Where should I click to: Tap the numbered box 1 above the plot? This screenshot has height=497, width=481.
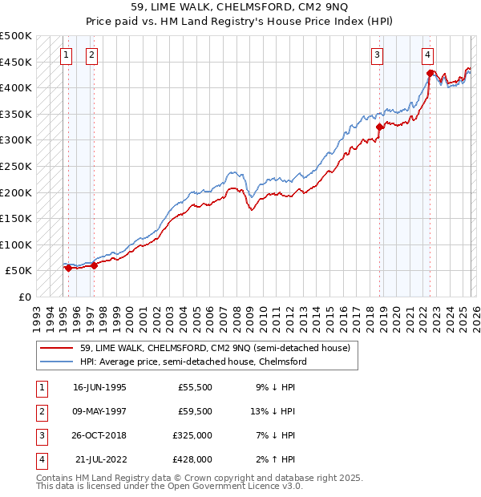coord(65,55)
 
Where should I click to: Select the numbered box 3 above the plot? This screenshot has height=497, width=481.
coord(377,55)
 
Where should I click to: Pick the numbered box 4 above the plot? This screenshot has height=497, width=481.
coord(428,55)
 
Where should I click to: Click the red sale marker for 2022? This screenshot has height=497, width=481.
coord(430,73)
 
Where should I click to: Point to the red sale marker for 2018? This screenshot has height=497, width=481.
coord(380,127)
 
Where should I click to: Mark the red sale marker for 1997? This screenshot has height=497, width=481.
coord(95,265)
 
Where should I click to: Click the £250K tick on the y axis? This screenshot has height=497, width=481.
coord(16,166)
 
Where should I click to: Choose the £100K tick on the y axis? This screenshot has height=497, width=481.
coord(16,244)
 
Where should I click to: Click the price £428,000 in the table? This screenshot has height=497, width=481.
coord(192,459)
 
